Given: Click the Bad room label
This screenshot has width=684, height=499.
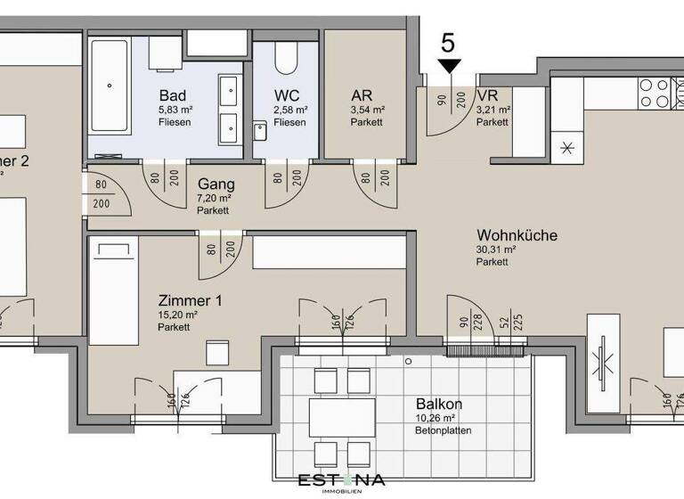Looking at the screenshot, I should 173,95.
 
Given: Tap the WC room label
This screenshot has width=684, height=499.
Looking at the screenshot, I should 285,95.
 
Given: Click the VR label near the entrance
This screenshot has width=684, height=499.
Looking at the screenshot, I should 487,95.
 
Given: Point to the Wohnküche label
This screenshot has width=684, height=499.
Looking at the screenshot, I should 517,235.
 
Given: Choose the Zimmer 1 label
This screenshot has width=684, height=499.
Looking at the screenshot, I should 191,300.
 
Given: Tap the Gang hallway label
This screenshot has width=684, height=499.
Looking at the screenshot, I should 216,184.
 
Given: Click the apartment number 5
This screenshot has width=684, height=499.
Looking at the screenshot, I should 449,42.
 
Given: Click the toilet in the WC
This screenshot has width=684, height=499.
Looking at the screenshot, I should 286,57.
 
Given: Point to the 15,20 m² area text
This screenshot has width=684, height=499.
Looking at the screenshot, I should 179,315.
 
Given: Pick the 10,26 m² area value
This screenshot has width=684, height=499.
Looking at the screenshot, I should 436,417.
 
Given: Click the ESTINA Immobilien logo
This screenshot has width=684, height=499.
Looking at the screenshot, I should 341,482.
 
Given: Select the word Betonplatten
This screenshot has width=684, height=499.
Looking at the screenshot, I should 443,430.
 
